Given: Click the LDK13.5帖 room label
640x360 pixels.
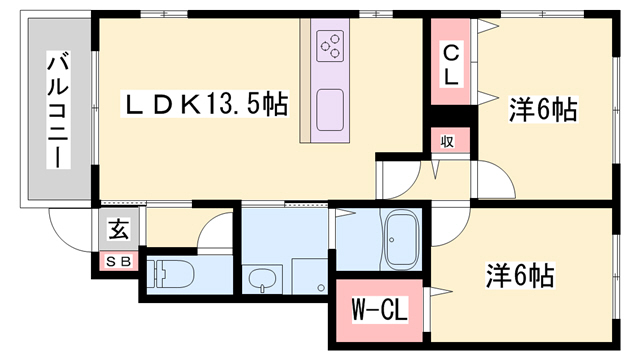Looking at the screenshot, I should pos(206,103).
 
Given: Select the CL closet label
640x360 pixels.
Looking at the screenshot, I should pos(453,61).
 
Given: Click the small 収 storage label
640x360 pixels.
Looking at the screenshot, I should pos(448,141).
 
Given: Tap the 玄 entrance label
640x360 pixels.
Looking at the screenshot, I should pos(118,231).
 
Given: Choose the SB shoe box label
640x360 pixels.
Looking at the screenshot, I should pos(119,262).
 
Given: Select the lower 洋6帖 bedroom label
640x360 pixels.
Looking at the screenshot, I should pos(521,272).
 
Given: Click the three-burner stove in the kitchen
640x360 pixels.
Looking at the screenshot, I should pos(330,46).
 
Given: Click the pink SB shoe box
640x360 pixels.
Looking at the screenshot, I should pos(119,262).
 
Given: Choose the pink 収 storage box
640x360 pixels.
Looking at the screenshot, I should pos(448,141).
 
